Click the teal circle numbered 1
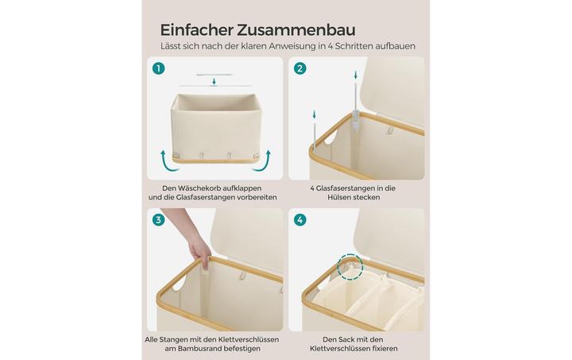pos(159,68)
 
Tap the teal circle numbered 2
pos(300,68)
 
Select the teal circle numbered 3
pos(159,220)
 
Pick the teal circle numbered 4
pos(300,220)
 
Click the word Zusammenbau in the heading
pos(296,30)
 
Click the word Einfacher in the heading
pos(197,30)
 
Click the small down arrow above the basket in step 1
pos(214,82)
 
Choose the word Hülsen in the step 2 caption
pos(339,197)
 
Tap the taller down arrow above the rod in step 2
pos(356,75)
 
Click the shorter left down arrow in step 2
pos(314,115)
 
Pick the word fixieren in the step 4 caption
pos(383,349)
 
